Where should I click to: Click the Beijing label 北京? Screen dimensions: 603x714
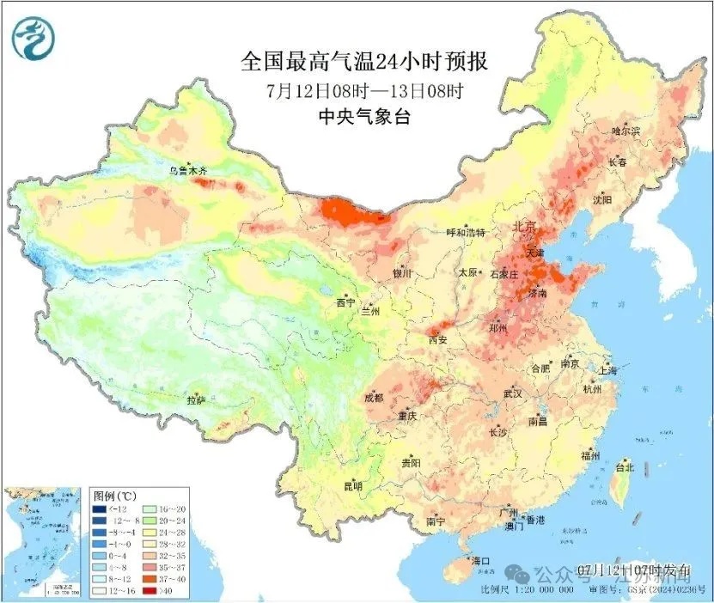click(524, 228)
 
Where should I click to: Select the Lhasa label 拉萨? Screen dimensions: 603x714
click(196, 400)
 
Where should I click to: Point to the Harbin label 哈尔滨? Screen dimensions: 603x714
click(626, 131)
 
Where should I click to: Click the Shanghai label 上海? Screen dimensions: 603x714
click(609, 371)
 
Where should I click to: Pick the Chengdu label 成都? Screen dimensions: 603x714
click(374, 398)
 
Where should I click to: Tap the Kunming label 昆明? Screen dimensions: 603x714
click(353, 486)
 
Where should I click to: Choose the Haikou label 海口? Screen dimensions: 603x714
click(479, 561)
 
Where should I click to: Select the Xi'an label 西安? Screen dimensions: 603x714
click(437, 340)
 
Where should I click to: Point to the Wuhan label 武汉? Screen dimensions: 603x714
click(513, 393)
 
